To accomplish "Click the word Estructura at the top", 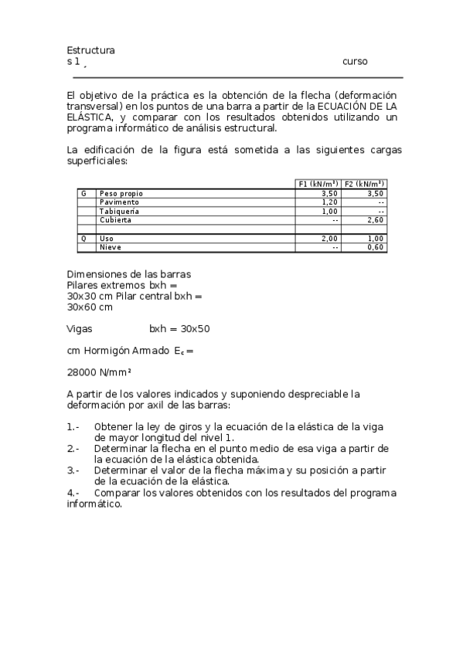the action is pos(91,50).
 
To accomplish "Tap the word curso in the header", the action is pos(355,62).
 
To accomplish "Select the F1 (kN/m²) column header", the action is pos(318,184).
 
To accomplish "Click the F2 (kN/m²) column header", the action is pos(365,184).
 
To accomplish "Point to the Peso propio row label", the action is pos(121,193).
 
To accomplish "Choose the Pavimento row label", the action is pos(120,202).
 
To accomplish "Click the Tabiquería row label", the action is pos(120,211).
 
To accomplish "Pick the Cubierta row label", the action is pos(115,220).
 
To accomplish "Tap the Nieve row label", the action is pos(111,247).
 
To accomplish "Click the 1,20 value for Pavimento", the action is pos(330,202).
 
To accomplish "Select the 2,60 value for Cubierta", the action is pos(376,220).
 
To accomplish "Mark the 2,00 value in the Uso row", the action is pos(330,239).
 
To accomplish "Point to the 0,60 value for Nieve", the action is pos(376,247).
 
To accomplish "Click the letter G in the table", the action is pos(83,193).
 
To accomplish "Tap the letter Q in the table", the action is pos(83,239).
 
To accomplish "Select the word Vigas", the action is pos(80,328).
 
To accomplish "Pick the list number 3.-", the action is pos(73,469).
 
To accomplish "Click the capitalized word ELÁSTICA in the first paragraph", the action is pos(90,117).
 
